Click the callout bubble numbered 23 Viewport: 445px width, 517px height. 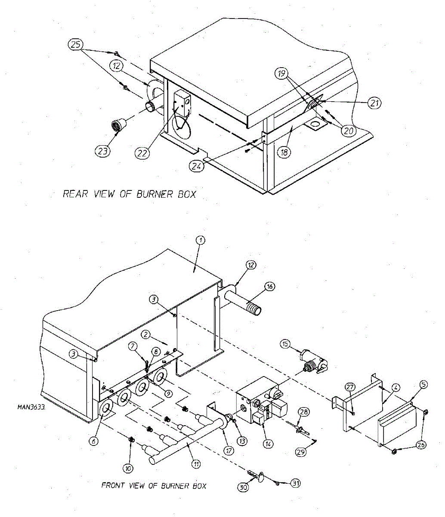[x=103, y=151]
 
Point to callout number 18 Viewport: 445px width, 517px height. [x=284, y=152]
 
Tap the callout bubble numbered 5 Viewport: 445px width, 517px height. [x=423, y=385]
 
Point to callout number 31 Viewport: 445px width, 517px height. [x=295, y=483]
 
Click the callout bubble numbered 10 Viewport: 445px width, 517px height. [x=129, y=468]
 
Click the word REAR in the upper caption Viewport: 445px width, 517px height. [x=75, y=194]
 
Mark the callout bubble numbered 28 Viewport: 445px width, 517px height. [x=304, y=412]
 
